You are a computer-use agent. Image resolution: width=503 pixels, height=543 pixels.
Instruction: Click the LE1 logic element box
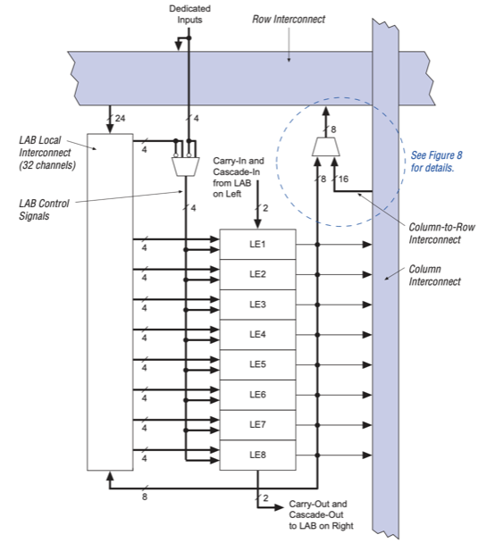coord(257,244)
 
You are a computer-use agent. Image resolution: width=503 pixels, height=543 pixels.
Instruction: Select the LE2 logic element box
coord(257,274)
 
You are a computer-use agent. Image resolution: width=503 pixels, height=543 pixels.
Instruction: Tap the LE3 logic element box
coord(257,305)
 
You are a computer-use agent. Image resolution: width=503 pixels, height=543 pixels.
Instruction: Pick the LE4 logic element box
coord(257,334)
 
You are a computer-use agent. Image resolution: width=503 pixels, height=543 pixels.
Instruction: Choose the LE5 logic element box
coord(257,364)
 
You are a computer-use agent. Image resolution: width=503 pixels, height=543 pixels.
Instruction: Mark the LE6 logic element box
coord(257,395)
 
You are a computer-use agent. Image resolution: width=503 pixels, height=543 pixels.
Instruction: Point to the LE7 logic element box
coord(257,425)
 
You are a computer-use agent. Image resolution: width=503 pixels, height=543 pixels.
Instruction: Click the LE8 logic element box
coord(257,455)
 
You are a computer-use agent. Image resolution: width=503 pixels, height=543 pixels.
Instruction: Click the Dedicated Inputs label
coord(189,13)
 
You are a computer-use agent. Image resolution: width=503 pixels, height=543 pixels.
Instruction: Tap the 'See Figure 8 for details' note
coord(433,162)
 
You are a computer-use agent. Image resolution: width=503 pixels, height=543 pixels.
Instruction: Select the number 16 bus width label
coord(344,180)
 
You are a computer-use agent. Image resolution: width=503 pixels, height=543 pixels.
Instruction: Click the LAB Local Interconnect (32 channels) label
coord(48,153)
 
